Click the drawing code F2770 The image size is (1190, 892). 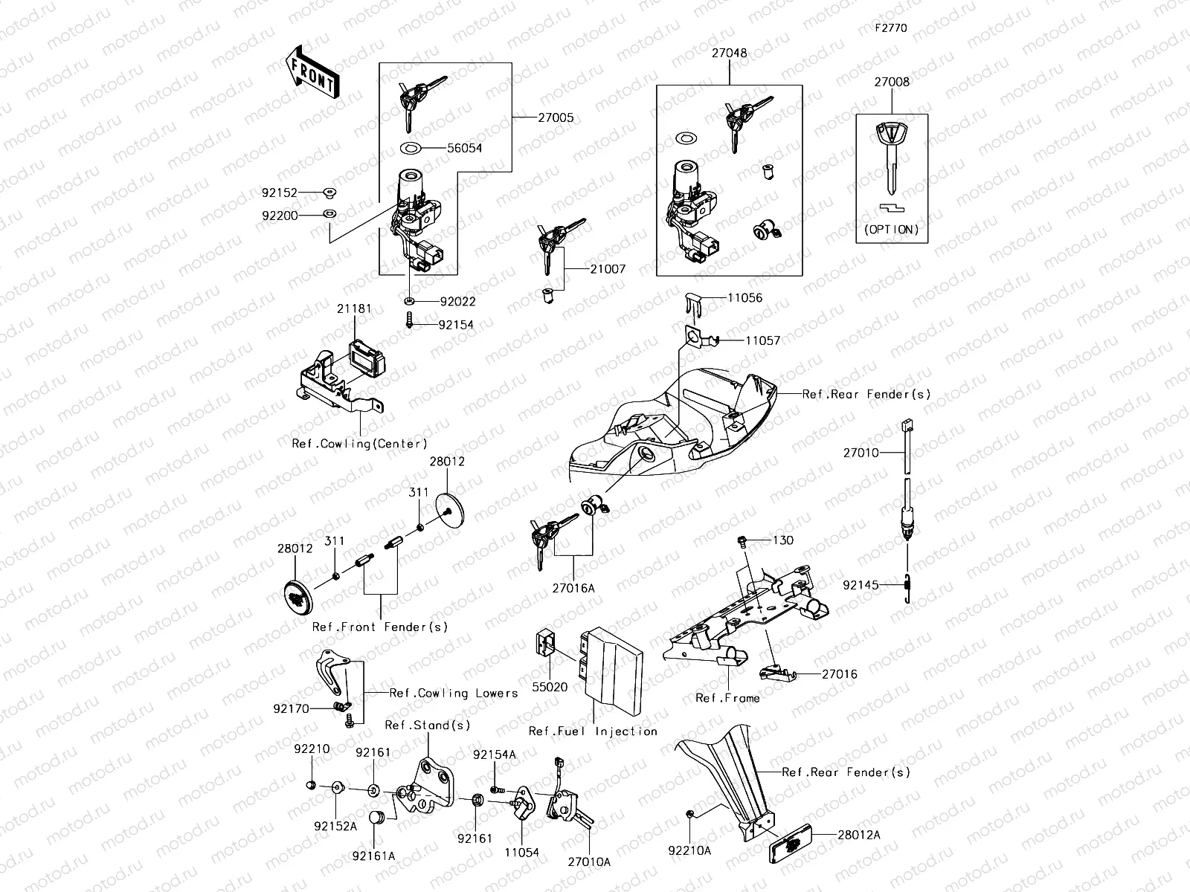coord(890,28)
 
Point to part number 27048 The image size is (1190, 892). coord(729,54)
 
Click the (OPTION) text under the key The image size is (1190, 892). coord(891,230)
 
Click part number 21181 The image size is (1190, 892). coord(354,308)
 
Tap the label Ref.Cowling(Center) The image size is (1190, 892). coord(359,444)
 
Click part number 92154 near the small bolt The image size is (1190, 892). coord(456,325)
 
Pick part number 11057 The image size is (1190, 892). coord(763,340)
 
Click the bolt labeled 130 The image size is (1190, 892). coord(742,540)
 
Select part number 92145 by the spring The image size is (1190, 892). coord(861,585)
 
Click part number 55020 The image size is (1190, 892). coord(550,687)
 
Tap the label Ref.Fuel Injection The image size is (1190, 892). coord(593,731)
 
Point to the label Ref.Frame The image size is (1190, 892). coord(727,698)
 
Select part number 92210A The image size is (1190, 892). coord(689,850)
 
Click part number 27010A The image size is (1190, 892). coord(589,862)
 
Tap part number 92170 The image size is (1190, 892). coord(291,709)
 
